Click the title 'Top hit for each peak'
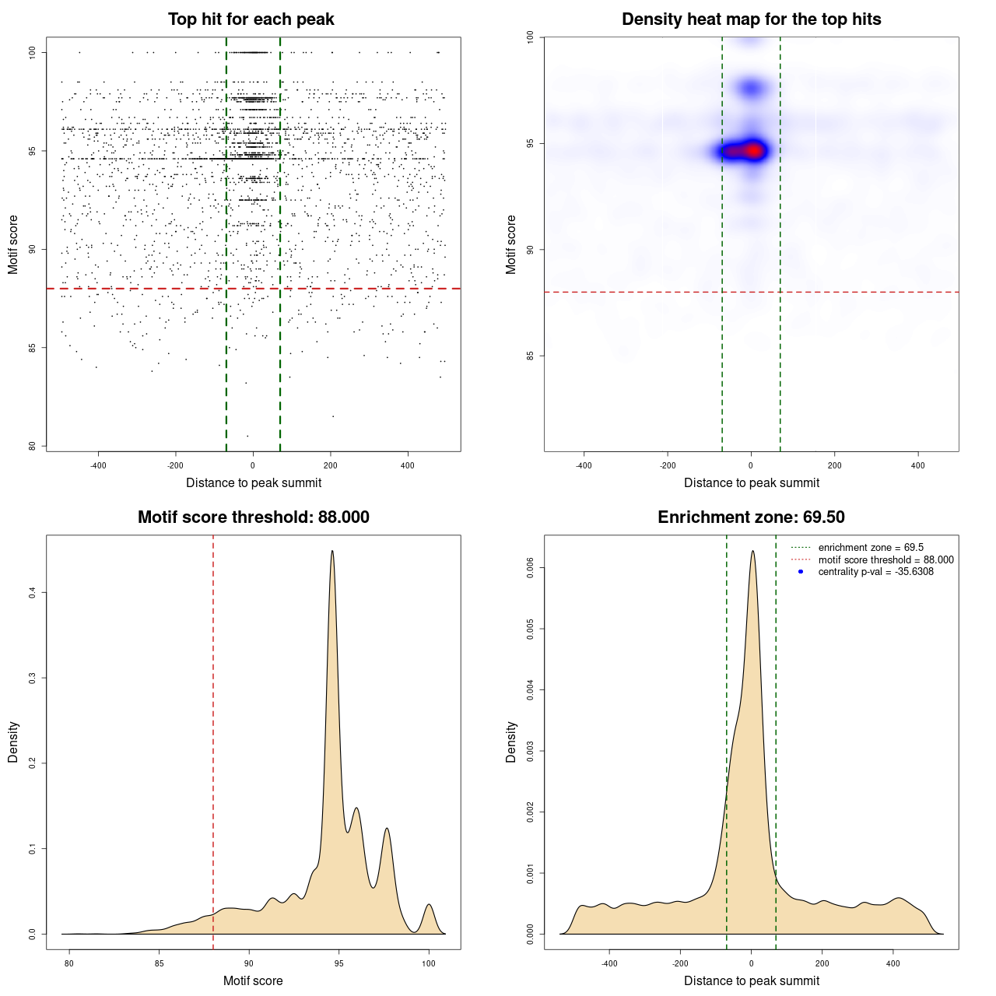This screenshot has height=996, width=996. (251, 19)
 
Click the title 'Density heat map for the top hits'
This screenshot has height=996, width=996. (751, 19)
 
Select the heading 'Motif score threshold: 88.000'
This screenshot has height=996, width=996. (253, 517)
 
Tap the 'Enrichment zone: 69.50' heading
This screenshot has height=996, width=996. (751, 517)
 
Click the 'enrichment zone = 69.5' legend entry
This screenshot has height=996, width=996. (871, 548)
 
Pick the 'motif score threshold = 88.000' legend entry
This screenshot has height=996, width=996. (886, 559)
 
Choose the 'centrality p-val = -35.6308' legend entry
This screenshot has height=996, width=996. (875, 572)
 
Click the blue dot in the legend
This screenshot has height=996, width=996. (801, 572)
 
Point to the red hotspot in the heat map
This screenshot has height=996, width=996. (753, 150)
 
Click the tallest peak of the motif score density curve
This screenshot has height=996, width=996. (332, 552)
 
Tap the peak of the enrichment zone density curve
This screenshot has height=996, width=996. (752, 552)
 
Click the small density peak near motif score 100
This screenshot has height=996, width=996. (429, 905)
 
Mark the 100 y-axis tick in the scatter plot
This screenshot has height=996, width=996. (32, 52)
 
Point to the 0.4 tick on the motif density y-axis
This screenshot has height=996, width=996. (32, 593)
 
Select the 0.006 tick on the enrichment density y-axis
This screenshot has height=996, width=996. (530, 568)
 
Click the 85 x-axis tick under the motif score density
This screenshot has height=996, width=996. (160, 963)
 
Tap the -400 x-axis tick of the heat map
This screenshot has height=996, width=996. (584, 465)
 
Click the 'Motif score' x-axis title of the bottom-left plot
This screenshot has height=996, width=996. (253, 980)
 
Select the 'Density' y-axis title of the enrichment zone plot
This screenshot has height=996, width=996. (511, 742)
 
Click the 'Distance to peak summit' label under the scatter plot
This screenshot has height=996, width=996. (254, 482)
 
